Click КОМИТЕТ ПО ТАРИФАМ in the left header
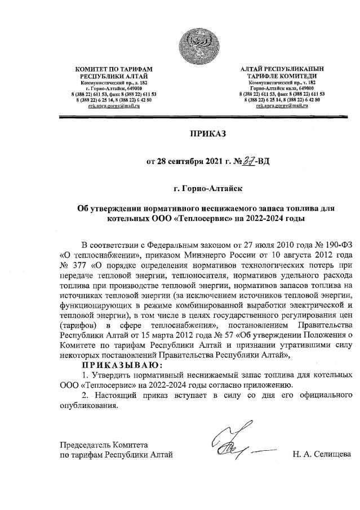114,69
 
